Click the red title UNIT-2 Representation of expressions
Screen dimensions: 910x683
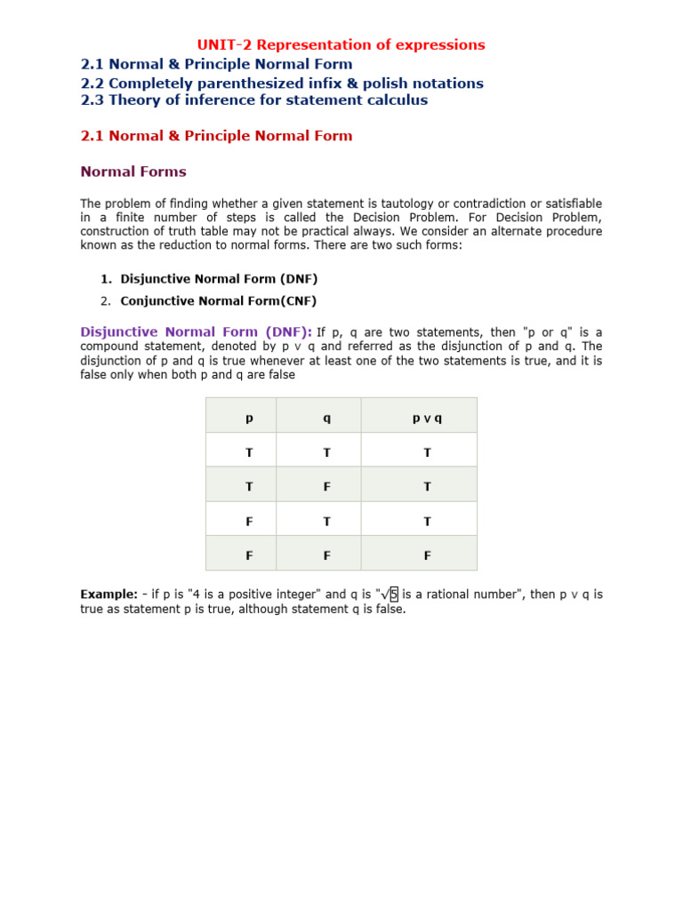click(x=341, y=44)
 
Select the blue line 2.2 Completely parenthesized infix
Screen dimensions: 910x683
click(x=282, y=83)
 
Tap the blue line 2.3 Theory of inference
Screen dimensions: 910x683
click(x=253, y=100)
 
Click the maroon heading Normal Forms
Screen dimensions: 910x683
click(x=133, y=172)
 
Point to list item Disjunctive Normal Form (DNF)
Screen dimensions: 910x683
click(x=219, y=278)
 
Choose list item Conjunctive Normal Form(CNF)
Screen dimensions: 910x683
click(x=218, y=300)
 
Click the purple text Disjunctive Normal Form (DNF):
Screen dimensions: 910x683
click(x=196, y=331)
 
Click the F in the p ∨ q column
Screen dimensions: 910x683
click(x=427, y=555)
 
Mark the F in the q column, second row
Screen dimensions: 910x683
click(x=326, y=486)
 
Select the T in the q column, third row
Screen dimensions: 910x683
click(x=326, y=522)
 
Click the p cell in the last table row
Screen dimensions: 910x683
click(x=249, y=555)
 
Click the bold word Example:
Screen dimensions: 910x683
click(x=108, y=595)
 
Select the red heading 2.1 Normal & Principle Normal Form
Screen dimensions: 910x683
click(x=216, y=136)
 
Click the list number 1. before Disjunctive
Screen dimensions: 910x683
click(x=106, y=278)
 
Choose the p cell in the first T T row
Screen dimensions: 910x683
click(x=249, y=452)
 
